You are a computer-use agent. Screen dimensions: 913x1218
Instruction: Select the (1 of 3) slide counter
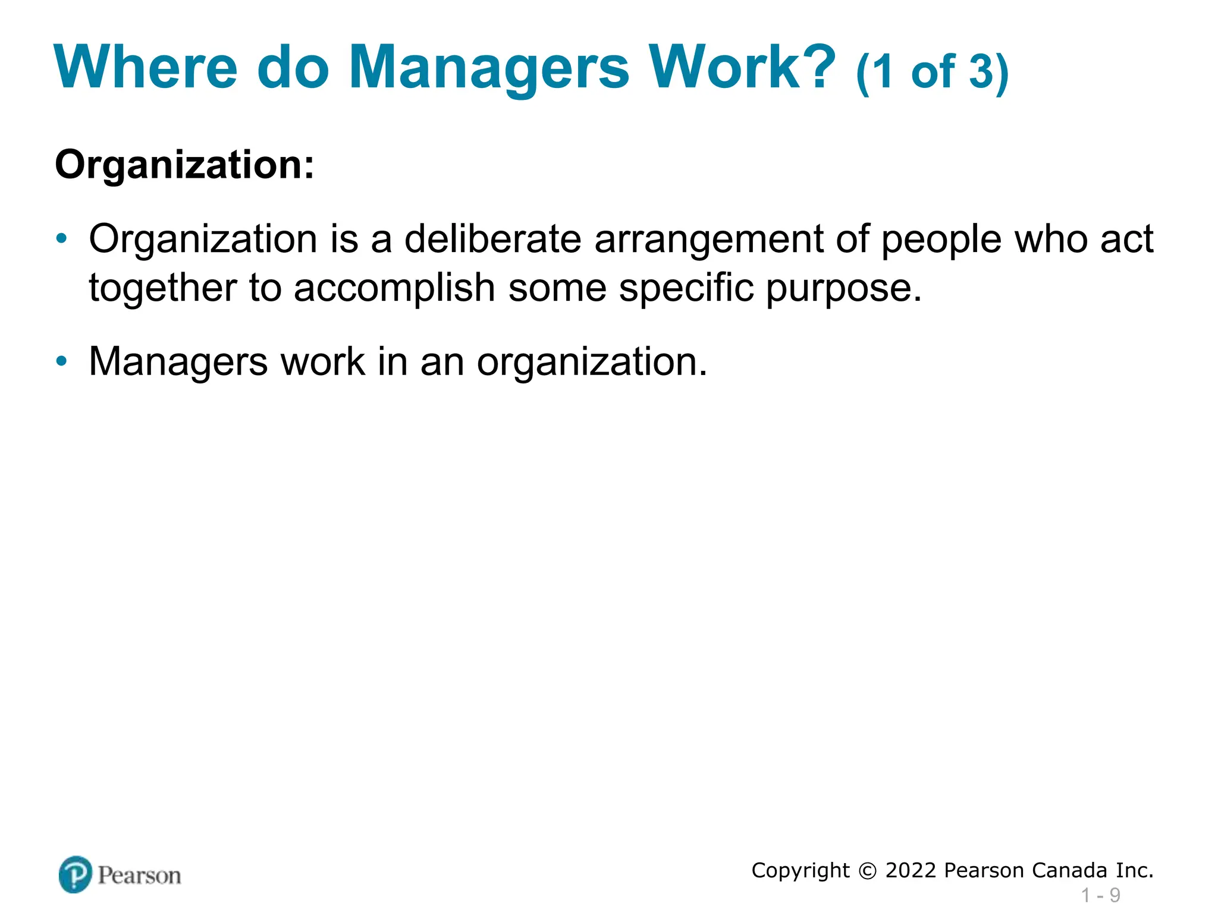coord(932,73)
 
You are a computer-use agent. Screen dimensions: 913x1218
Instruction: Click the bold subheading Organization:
coord(184,165)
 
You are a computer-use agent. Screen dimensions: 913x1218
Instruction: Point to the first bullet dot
coord(61,239)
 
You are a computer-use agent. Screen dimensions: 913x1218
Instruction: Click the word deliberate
coord(492,239)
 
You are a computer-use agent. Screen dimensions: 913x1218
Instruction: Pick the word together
coord(162,288)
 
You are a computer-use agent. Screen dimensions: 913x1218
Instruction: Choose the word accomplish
coord(394,288)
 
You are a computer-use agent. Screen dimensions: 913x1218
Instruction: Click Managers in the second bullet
coord(178,362)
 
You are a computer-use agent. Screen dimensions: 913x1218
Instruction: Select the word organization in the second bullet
coord(591,362)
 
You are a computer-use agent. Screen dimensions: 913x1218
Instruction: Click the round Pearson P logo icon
coord(76,874)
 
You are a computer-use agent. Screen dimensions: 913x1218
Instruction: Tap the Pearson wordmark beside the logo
coord(139,876)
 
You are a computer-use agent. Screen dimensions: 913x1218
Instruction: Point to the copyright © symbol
coord(868,871)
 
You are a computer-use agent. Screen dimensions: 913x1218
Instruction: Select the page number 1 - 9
coord(1100,895)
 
